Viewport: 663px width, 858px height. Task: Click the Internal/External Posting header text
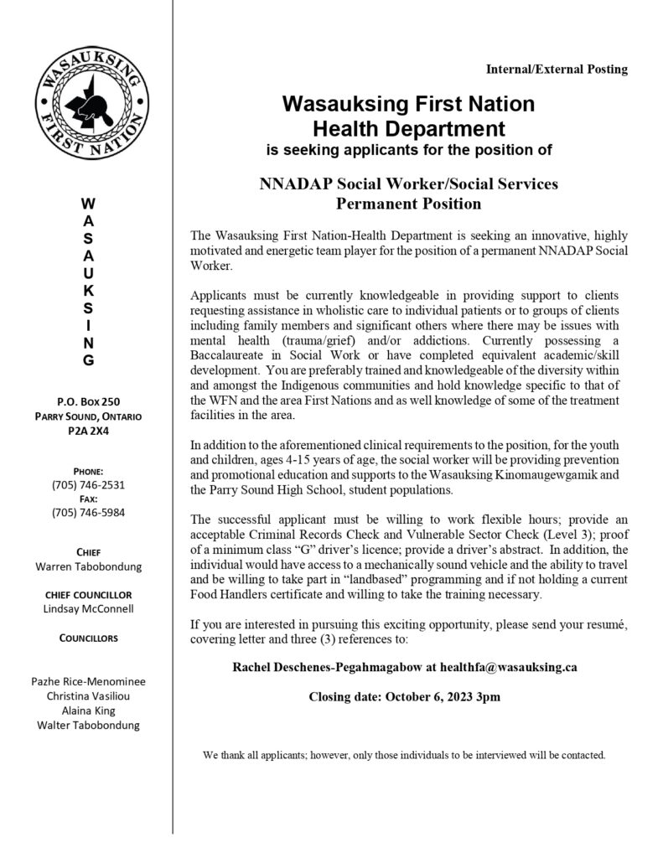click(557, 70)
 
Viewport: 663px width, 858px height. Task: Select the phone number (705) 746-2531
click(88, 484)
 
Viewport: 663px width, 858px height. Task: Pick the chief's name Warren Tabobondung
click(88, 567)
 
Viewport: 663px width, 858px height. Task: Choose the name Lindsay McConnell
click(88, 608)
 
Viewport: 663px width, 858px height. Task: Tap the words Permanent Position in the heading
click(408, 203)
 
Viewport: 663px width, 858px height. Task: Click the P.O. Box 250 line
click(88, 401)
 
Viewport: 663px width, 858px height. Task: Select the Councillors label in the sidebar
click(88, 638)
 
